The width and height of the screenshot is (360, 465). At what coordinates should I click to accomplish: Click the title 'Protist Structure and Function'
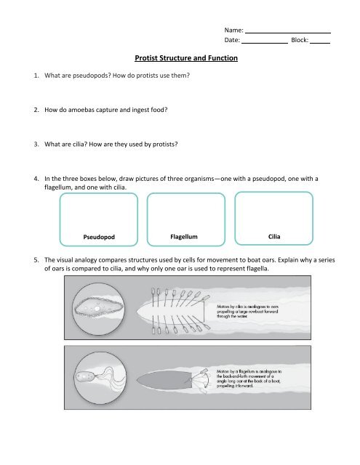[186, 57]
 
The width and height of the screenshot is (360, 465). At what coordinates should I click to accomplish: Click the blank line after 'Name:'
[288, 31]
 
